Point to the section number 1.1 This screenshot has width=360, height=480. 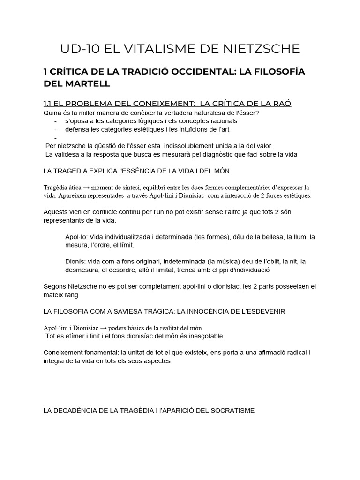(x=48, y=104)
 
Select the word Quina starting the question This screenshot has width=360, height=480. (x=52, y=113)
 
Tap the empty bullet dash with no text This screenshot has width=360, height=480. (x=56, y=138)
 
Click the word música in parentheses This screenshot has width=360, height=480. (x=225, y=262)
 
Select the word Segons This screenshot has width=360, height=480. (x=55, y=286)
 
